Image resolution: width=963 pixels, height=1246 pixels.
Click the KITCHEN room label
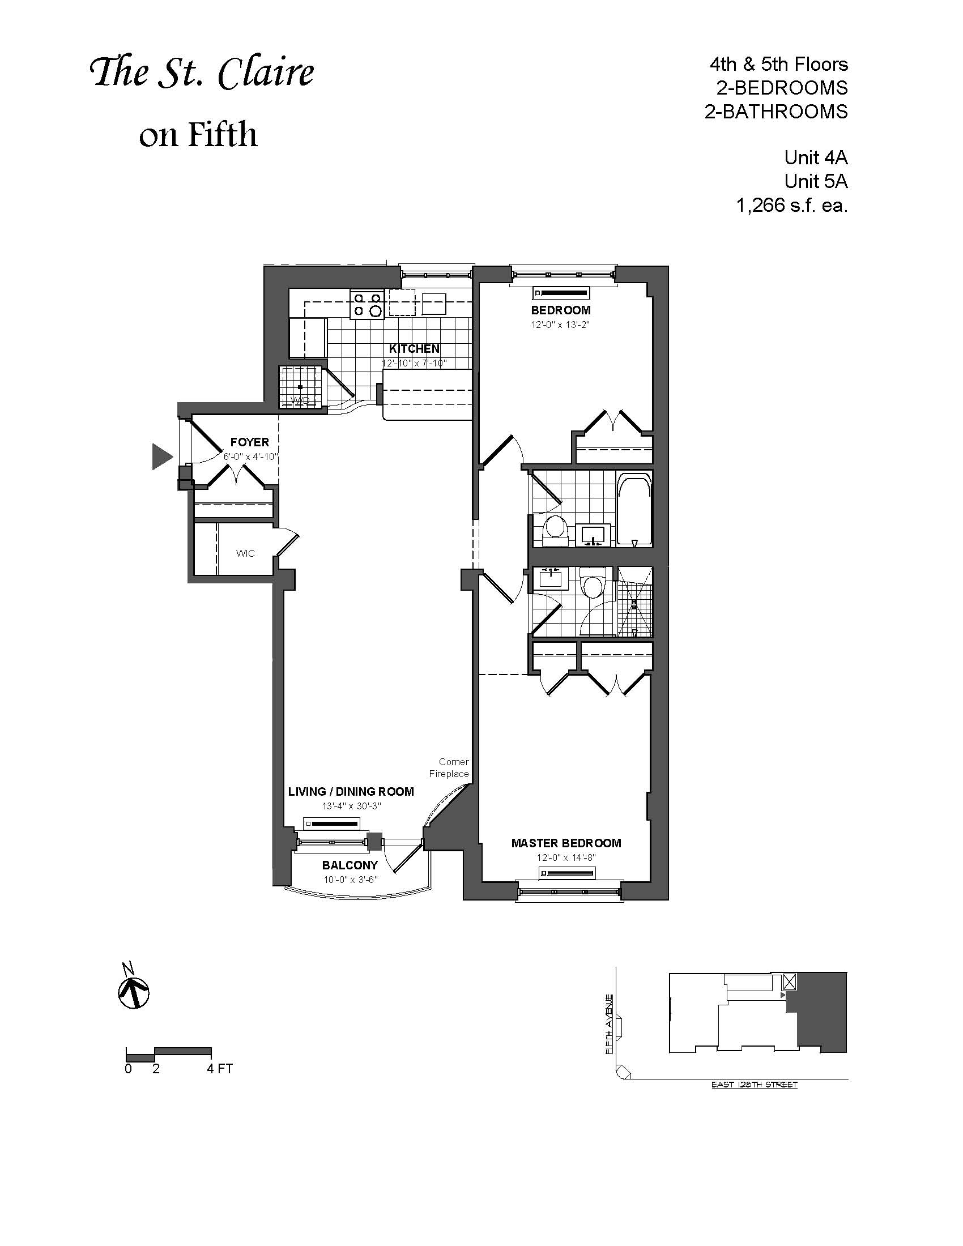(414, 348)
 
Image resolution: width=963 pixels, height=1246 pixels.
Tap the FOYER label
(249, 442)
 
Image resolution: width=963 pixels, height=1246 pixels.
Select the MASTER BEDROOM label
(566, 843)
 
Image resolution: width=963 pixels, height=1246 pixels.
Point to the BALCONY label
(350, 865)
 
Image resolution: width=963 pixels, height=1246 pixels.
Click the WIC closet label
(245, 553)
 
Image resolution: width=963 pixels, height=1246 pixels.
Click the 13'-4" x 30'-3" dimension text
(351, 806)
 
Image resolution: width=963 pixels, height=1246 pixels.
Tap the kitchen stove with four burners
(367, 305)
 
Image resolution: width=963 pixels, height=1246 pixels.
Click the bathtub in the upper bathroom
(634, 510)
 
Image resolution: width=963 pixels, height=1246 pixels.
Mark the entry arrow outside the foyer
(163, 456)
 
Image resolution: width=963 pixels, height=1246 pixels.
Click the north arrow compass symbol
(134, 989)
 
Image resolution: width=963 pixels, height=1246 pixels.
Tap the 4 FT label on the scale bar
(220, 1069)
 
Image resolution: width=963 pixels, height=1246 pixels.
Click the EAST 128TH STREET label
(754, 1085)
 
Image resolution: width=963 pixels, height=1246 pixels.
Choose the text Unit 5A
(816, 181)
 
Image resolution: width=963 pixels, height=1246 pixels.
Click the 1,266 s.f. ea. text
(792, 206)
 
